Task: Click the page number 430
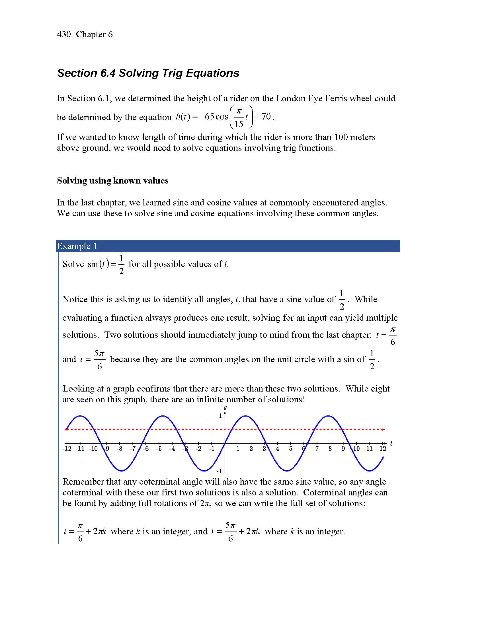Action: (64, 34)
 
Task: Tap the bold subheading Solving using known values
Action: (112, 181)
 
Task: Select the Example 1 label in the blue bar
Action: (77, 246)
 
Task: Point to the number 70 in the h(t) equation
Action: (266, 116)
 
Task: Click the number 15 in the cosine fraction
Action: (239, 124)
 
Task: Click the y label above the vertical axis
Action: (225, 407)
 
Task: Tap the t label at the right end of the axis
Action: (391, 444)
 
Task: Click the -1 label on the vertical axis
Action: (219, 471)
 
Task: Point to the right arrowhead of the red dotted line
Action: (384, 429)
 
